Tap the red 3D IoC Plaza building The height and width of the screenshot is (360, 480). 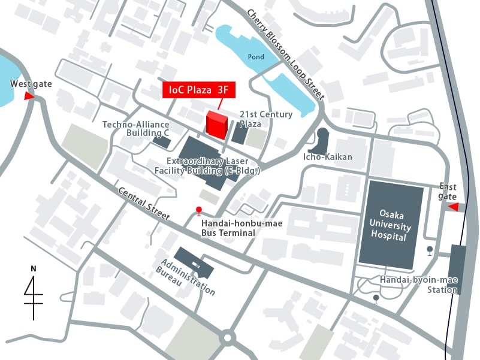point(216,124)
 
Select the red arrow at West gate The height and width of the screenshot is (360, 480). point(28,96)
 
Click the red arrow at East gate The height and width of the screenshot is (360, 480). point(454,207)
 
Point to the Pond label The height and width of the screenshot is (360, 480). point(255,57)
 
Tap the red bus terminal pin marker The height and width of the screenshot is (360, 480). point(199,210)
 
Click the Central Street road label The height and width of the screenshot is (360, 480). point(144,204)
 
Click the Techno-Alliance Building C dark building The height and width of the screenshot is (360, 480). point(161,141)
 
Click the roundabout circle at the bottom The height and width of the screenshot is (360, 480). point(227,338)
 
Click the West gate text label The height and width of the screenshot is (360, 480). point(31,84)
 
